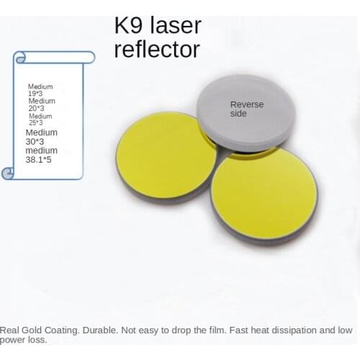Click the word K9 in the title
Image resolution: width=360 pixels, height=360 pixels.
pyautogui.click(x=130, y=26)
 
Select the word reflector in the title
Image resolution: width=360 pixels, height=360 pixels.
pyautogui.click(x=157, y=49)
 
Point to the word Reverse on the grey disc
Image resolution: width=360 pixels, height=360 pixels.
pyautogui.click(x=247, y=104)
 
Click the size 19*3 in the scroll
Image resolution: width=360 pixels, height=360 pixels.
pyautogui.click(x=35, y=94)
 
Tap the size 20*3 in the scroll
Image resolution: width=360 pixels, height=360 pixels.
pyautogui.click(x=35, y=108)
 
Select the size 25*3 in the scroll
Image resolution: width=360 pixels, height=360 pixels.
pyautogui.click(x=35, y=123)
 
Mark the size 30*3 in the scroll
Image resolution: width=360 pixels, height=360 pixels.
pyautogui.click(x=35, y=142)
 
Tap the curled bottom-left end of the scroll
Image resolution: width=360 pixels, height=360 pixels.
pyautogui.click(x=9, y=173)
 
